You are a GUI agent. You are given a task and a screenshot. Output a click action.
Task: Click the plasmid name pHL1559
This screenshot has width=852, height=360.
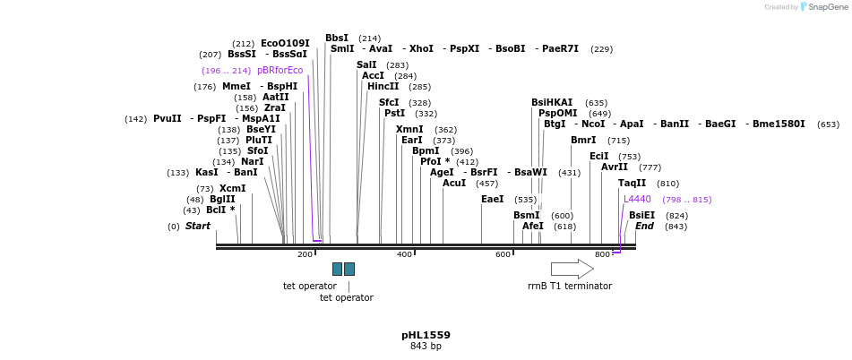click(x=426, y=335)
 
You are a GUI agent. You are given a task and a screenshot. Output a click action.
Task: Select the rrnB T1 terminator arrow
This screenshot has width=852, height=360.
click(x=572, y=269)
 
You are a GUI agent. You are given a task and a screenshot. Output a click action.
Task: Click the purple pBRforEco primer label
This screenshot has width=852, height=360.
click(x=280, y=70)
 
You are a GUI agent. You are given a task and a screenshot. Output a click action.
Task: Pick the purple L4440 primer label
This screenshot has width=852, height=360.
click(x=637, y=199)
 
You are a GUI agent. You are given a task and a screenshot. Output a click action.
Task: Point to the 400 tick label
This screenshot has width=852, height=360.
click(x=404, y=254)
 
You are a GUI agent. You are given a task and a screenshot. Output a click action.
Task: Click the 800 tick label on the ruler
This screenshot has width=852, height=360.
click(x=602, y=254)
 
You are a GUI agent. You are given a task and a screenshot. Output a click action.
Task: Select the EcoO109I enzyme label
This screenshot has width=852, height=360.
click(x=285, y=43)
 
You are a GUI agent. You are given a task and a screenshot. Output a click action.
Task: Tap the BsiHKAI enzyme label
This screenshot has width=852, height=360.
click(x=552, y=103)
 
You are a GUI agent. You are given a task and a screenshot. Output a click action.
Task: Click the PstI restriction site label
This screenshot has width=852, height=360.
click(x=394, y=114)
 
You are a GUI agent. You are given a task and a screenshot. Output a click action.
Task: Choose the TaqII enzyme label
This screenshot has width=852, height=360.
click(x=632, y=184)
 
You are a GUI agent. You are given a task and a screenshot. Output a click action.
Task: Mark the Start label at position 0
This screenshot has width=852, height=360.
click(x=197, y=227)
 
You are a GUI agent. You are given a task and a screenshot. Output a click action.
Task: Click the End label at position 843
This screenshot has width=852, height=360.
click(x=644, y=227)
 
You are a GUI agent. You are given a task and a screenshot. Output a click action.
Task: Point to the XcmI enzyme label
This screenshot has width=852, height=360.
click(x=233, y=188)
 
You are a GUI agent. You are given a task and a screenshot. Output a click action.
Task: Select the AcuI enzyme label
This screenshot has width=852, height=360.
click(x=454, y=184)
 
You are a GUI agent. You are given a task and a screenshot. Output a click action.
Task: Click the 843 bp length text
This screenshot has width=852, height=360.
click(x=426, y=347)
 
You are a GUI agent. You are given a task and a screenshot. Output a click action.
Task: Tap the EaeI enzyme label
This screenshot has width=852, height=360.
click(x=493, y=199)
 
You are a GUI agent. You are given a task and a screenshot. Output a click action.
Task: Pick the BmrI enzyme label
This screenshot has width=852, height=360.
click(x=583, y=141)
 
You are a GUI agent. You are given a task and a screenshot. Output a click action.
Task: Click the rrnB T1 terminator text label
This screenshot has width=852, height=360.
click(x=570, y=287)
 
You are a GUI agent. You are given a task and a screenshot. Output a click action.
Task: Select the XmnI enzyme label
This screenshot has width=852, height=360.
click(x=409, y=130)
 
